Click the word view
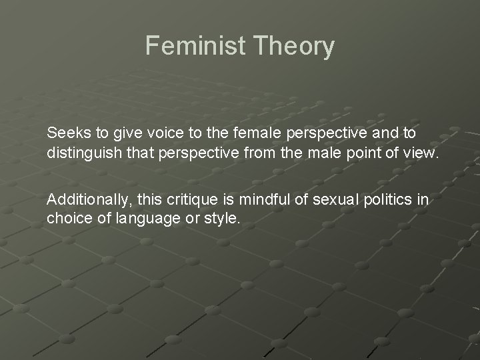421,153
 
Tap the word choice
67,218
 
